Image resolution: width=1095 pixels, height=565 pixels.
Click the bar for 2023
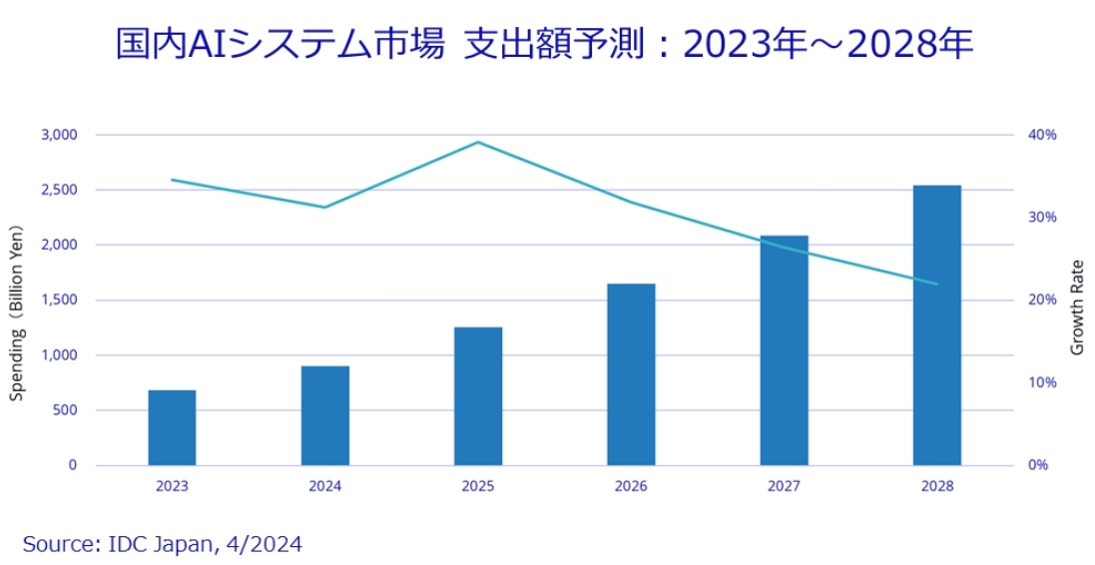tap(172, 427)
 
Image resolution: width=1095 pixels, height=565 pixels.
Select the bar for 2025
tap(478, 396)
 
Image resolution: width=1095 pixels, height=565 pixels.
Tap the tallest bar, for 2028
tap(936, 325)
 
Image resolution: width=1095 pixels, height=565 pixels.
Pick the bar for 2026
tap(631, 374)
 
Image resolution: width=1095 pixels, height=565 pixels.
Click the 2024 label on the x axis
tap(325, 486)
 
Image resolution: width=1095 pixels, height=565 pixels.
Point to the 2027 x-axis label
tap(784, 486)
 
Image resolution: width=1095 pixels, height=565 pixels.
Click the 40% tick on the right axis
tap(1043, 135)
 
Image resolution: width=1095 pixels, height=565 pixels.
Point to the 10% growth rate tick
tap(1043, 382)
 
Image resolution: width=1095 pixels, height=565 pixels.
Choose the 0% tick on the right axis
tap(1039, 465)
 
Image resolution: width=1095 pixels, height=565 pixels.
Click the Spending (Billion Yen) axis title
tap(17, 308)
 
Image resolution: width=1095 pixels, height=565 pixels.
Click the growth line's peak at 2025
tap(478, 142)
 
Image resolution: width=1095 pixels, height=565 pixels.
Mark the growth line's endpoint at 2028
tap(936, 283)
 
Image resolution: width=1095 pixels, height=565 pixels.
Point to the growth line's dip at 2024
tap(325, 208)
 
